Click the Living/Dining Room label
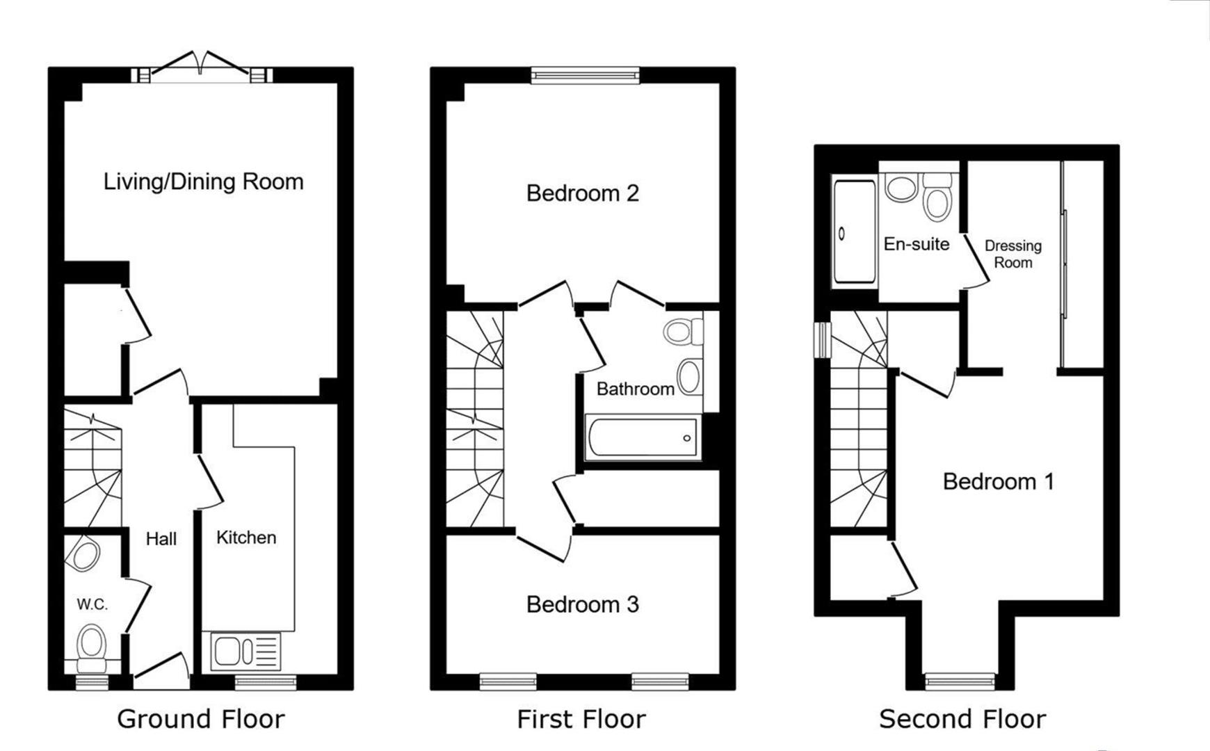click(x=203, y=182)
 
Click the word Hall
click(x=161, y=538)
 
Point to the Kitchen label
click(x=246, y=538)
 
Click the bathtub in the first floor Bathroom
click(x=642, y=437)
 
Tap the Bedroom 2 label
click(x=582, y=193)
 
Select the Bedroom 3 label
click(x=582, y=604)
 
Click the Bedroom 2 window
click(x=585, y=75)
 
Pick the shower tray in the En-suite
click(x=855, y=232)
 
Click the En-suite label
click(x=917, y=244)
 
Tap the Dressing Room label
click(x=1013, y=254)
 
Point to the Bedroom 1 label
click(x=998, y=481)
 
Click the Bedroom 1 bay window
click(x=960, y=681)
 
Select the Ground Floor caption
click(x=201, y=719)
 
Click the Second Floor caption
click(x=962, y=719)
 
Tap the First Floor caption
click(x=581, y=719)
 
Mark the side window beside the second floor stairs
click(x=823, y=339)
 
